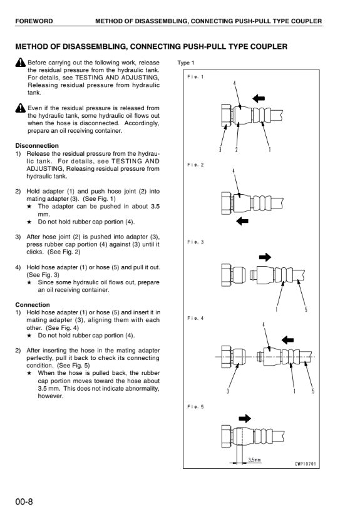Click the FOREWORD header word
point(34,21)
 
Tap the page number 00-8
point(24,502)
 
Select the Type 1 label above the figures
point(186,63)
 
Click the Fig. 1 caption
point(195,77)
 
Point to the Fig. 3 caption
point(195,242)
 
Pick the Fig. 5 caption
point(195,407)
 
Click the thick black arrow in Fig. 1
point(259,98)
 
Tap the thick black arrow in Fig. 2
point(242,221)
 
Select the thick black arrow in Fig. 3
point(265,257)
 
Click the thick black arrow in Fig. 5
point(245,418)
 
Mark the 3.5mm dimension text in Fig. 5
point(254,460)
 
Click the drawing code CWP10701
point(306,464)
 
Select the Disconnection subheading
point(37,146)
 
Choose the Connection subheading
point(33,305)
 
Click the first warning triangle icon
point(20,62)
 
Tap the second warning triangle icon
point(20,108)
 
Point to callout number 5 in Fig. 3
point(306,309)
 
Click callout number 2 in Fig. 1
point(237,150)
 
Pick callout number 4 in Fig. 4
point(264,324)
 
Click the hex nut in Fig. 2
point(227,203)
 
